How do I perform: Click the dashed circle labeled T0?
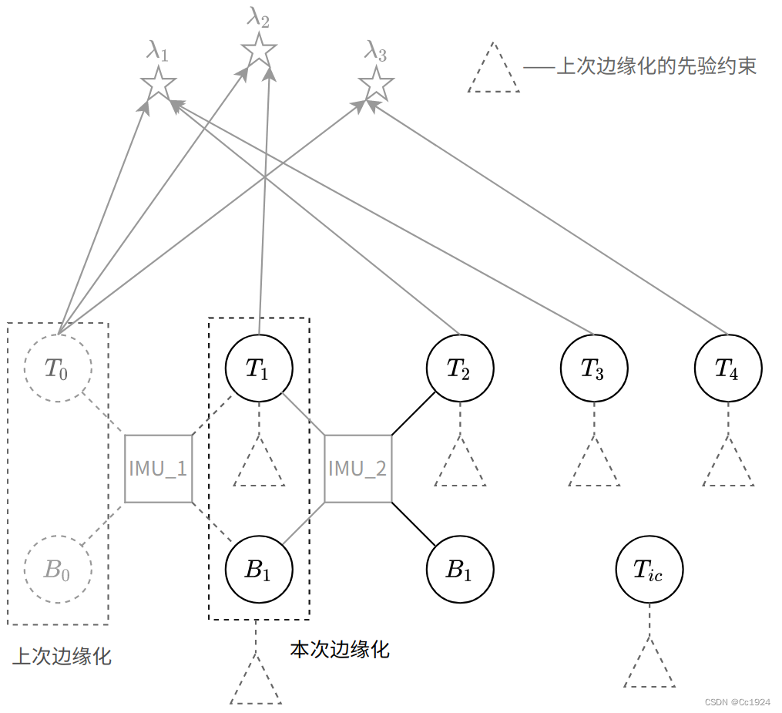click(x=58, y=368)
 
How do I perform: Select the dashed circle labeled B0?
click(x=58, y=570)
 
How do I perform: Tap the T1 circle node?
click(x=259, y=368)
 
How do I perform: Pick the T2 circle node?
click(x=460, y=368)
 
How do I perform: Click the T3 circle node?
click(x=593, y=368)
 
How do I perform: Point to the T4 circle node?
click(x=727, y=368)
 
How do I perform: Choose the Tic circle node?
click(x=649, y=570)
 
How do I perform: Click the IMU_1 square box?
click(x=158, y=469)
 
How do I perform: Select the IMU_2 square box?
click(x=358, y=469)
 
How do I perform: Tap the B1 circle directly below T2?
click(x=460, y=570)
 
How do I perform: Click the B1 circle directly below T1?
click(x=259, y=570)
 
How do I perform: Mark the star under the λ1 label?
click(x=159, y=83)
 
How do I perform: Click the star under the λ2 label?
click(x=259, y=51)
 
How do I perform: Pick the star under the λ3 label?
click(x=376, y=83)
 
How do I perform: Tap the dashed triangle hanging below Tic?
click(x=649, y=667)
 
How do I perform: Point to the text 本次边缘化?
click(x=340, y=650)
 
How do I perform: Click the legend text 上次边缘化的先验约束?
click(x=656, y=66)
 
